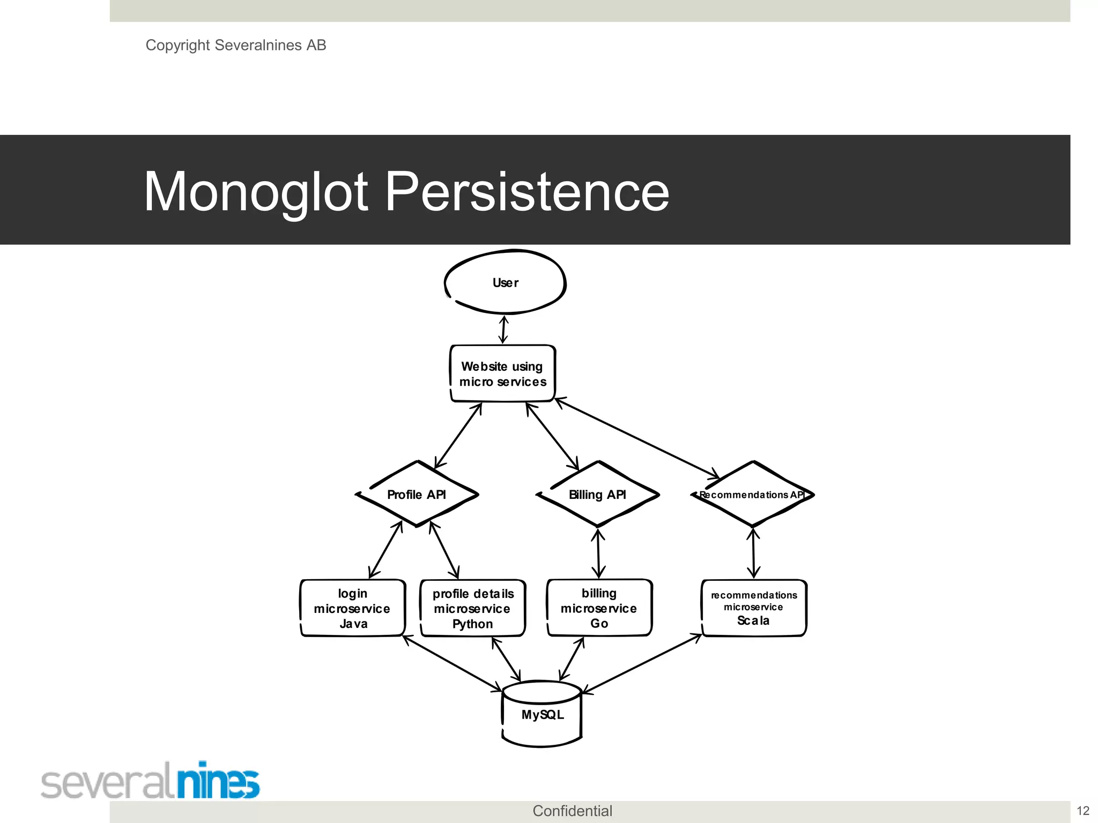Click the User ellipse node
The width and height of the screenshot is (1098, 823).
(x=505, y=282)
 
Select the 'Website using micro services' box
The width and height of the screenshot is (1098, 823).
(x=503, y=373)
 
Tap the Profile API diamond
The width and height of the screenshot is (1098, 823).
(x=417, y=494)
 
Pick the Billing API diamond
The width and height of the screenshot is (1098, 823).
(x=597, y=494)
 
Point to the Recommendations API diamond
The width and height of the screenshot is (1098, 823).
(x=753, y=494)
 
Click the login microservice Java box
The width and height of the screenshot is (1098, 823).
(x=353, y=608)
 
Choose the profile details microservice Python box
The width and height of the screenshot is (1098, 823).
(x=473, y=608)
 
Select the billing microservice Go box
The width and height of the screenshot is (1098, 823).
(x=599, y=608)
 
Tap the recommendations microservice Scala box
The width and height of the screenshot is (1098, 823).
(x=754, y=608)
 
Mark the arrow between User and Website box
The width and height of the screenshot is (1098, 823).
(x=503, y=330)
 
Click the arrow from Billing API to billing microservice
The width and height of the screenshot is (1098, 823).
(x=598, y=553)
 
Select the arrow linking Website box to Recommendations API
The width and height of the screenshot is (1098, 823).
(x=637, y=438)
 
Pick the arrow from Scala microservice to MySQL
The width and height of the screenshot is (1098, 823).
(x=642, y=664)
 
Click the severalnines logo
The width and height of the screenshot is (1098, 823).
(x=150, y=781)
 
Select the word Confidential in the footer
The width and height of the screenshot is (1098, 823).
(x=572, y=811)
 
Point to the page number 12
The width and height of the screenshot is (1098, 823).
(x=1083, y=811)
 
